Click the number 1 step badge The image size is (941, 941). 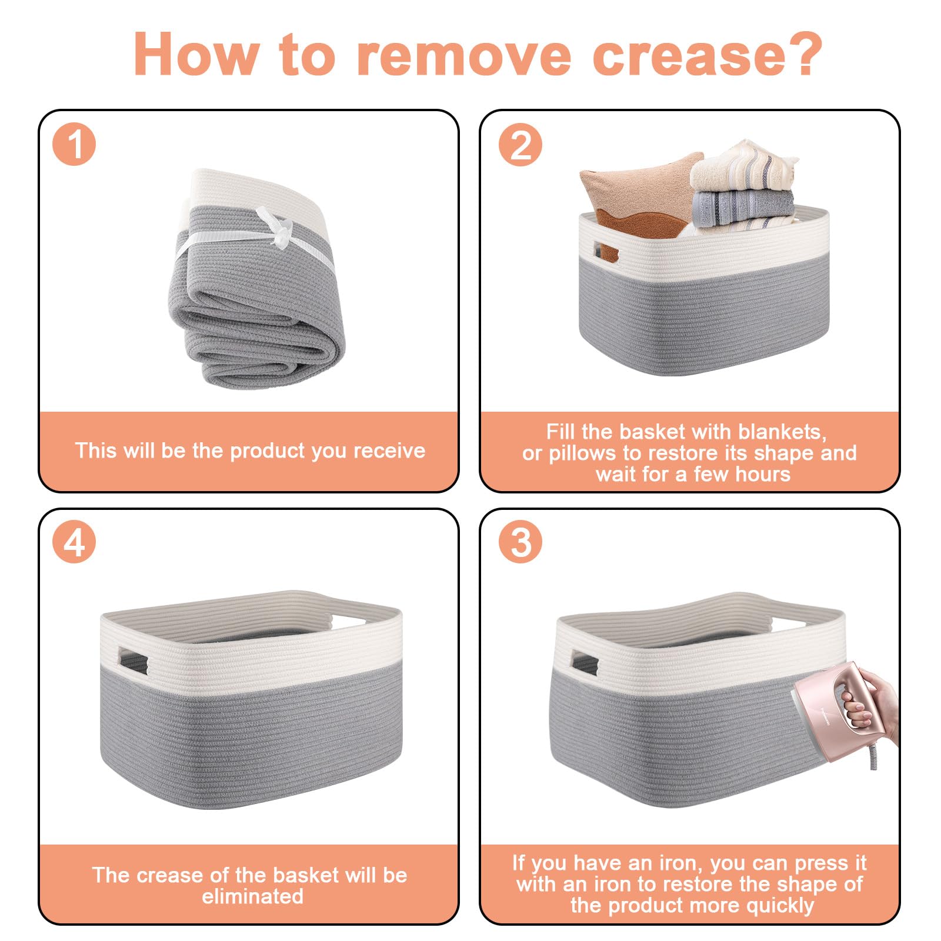[x=74, y=144]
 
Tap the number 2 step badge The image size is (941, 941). [x=520, y=144]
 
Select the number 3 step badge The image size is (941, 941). [x=520, y=542]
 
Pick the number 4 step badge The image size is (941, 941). [x=74, y=542]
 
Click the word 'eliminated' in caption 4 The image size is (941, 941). [x=253, y=896]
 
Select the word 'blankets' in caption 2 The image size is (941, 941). [x=782, y=432]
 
